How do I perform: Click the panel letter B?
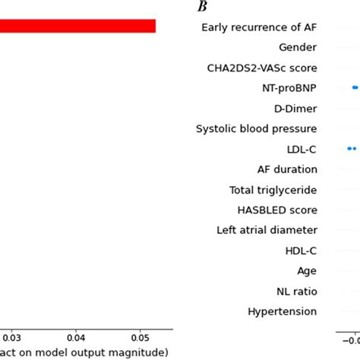(x=202, y=7)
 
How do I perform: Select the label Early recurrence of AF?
(x=259, y=27)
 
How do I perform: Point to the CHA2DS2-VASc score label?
(x=262, y=68)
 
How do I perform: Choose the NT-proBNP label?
(x=289, y=88)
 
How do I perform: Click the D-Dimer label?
(x=295, y=109)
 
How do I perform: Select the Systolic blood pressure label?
(x=257, y=128)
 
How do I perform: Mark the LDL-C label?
(x=302, y=149)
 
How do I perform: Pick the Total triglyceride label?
(x=273, y=190)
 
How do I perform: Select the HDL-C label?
(x=302, y=250)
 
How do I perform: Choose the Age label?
(x=307, y=270)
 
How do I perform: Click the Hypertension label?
(x=283, y=311)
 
